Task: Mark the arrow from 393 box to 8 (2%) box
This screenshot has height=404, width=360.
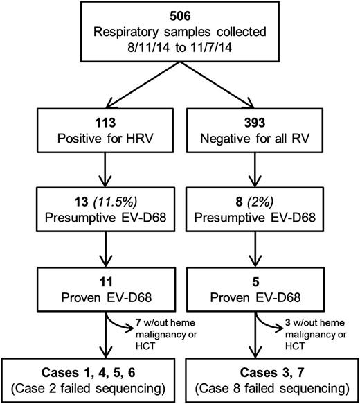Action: point(267,180)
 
